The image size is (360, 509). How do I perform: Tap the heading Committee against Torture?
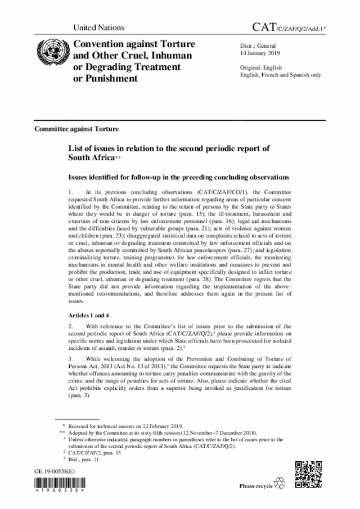coord(76,129)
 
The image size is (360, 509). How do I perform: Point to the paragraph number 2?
coord(70,326)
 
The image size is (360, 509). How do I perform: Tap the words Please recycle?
coord(256,485)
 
